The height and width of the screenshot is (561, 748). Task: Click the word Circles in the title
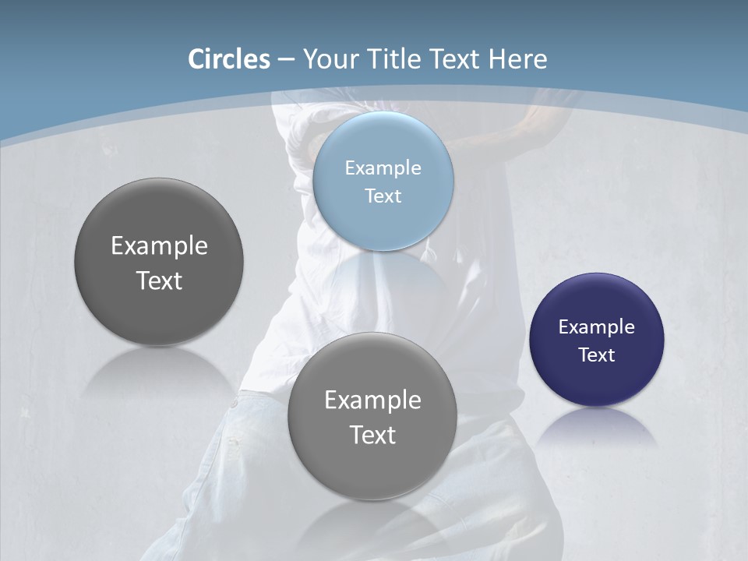click(228, 59)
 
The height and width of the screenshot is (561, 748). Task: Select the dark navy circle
click(597, 382)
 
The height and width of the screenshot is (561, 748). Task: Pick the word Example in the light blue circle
click(383, 168)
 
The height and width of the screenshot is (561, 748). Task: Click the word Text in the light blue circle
click(383, 196)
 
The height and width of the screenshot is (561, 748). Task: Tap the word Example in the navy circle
click(597, 326)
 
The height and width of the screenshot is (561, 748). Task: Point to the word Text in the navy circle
click(597, 355)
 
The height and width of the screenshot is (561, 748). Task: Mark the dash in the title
click(286, 60)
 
